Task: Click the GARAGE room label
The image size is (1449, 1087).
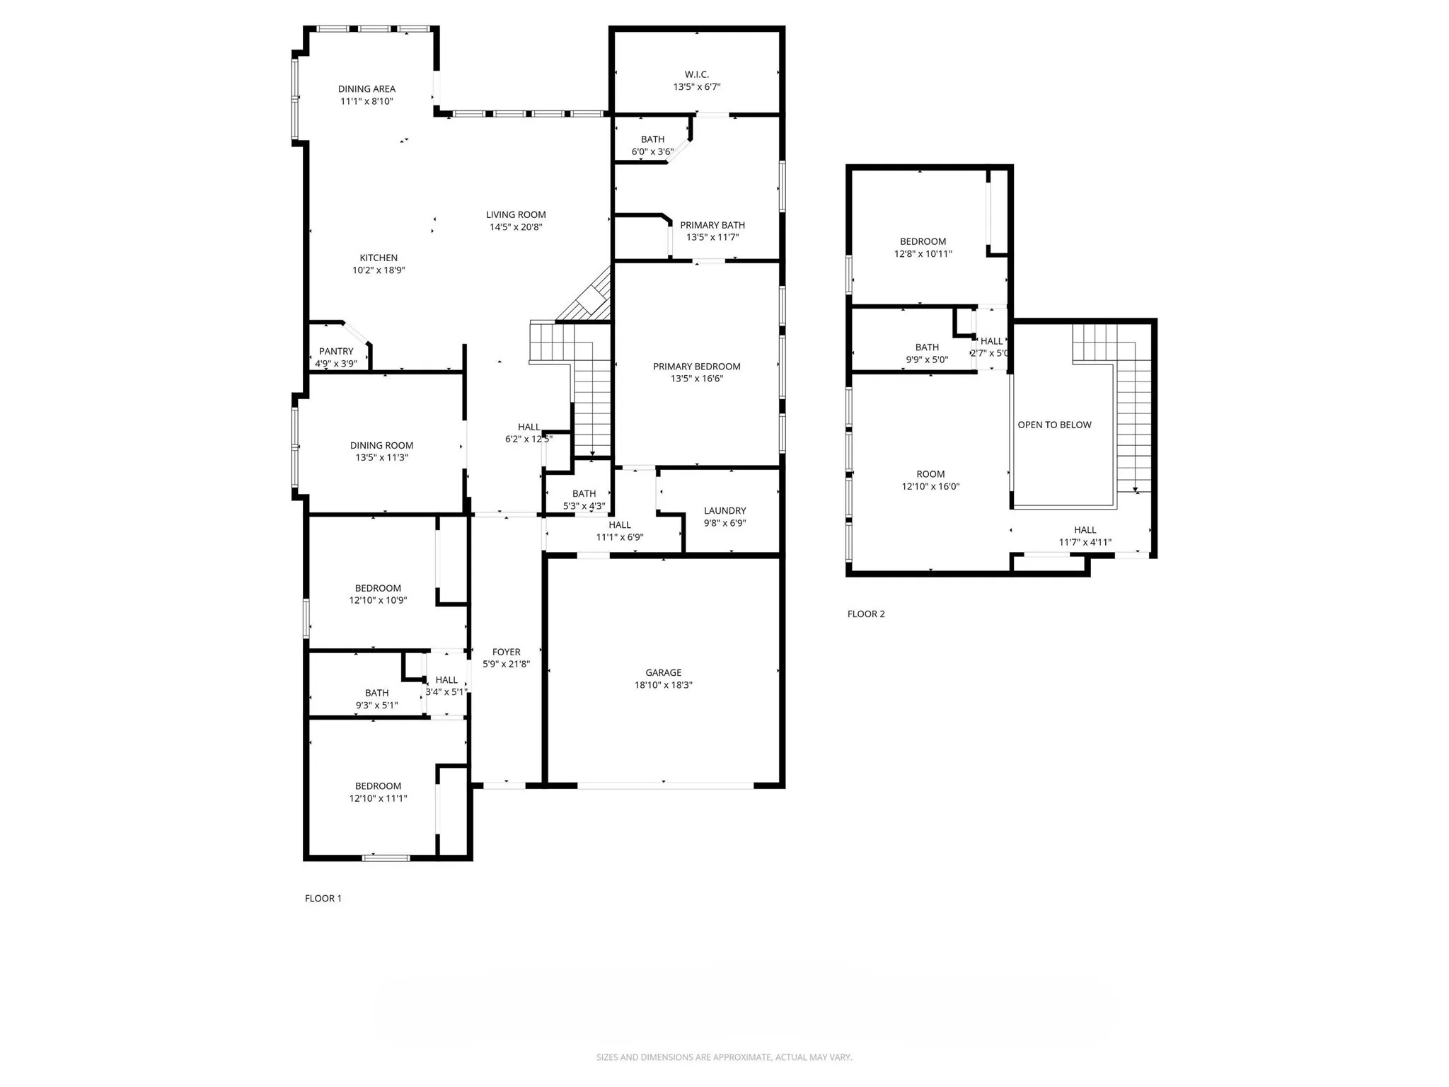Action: [x=663, y=672]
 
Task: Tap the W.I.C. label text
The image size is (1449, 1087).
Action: [x=696, y=74]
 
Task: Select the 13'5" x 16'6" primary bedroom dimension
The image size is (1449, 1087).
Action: [x=696, y=379]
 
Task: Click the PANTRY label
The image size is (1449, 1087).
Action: [x=336, y=351]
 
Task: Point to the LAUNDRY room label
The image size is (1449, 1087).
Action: [x=724, y=510]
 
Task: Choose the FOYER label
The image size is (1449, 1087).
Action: [x=506, y=652]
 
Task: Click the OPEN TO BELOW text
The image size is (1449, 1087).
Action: [x=1054, y=425]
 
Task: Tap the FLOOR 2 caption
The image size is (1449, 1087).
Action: [x=866, y=614]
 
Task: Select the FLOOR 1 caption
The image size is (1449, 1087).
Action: [x=323, y=898]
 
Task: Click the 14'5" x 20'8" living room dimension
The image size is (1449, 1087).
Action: [x=516, y=227]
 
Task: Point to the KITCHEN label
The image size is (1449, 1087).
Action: [x=379, y=258]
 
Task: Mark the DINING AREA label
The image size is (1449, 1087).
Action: [x=366, y=88]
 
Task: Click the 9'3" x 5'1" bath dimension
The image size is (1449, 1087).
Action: [x=376, y=705]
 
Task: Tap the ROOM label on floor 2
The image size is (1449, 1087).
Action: [x=930, y=474]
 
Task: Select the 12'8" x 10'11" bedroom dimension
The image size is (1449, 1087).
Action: [x=923, y=253]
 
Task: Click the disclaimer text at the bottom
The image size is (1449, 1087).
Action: [x=724, y=1057]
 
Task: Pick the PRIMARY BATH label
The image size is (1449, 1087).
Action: [x=712, y=225]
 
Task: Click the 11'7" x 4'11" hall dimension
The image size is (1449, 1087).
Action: [x=1085, y=542]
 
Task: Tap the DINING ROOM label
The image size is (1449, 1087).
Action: [x=381, y=445]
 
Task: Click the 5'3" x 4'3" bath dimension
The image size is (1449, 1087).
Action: [x=584, y=506]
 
